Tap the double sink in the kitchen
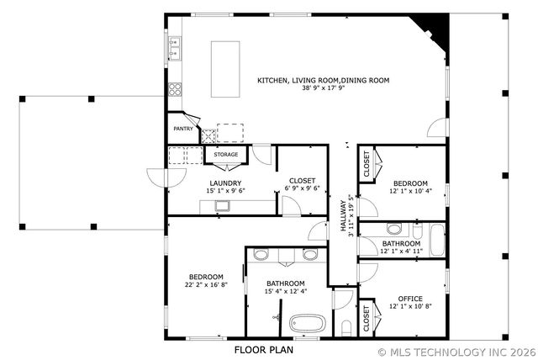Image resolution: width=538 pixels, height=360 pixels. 175,49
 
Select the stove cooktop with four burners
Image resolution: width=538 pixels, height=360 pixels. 176,88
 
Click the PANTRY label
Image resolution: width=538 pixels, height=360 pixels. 183,129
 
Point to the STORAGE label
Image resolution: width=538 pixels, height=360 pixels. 225,155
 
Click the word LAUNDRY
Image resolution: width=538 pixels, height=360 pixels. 226,183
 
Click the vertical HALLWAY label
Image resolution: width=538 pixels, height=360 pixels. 343,217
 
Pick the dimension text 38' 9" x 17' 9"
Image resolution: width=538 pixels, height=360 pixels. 323,88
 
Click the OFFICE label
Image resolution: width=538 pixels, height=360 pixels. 410,299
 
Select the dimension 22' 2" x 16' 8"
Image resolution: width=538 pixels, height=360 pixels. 206,285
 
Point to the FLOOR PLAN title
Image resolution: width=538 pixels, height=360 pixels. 261,348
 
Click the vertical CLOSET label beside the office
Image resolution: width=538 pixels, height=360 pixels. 366,318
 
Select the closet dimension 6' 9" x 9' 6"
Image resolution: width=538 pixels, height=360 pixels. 303,188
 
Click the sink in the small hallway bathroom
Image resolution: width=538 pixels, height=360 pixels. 394,229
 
